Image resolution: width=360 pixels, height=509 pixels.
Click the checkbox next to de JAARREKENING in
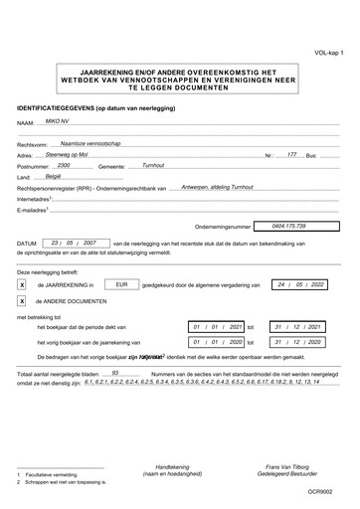coord(22,284)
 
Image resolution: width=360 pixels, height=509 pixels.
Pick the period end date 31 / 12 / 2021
coord(301,326)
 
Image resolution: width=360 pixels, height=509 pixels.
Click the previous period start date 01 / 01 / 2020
coord(217,341)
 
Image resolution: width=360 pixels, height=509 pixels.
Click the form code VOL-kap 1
coord(328,52)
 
